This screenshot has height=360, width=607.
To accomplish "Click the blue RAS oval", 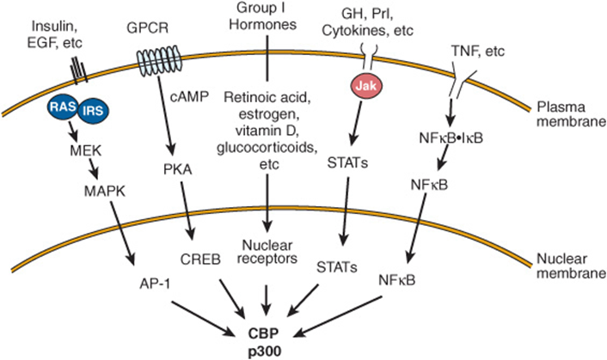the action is click(63, 107).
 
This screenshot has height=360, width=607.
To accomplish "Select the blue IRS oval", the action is click(93, 112).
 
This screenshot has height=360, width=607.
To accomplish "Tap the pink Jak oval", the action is click(366, 85).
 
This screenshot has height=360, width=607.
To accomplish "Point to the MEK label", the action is click(86, 150).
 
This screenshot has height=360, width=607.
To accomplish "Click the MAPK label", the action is click(105, 191).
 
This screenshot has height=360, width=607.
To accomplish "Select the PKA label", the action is click(178, 169).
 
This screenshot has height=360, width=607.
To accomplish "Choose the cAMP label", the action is click(189, 96).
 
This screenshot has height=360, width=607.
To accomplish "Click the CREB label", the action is click(200, 259).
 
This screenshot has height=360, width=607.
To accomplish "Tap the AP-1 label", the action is click(155, 284).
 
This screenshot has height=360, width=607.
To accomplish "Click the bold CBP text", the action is click(264, 333).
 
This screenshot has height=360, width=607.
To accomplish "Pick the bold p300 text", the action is click(264, 351).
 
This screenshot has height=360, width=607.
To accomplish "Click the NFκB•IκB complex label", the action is click(451, 138).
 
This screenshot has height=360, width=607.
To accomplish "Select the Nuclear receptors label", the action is click(267, 252).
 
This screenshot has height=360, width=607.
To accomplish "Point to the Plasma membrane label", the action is click(571, 114).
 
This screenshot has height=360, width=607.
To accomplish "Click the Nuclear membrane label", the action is click(571, 265).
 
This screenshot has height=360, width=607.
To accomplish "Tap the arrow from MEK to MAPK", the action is click(93, 169).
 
